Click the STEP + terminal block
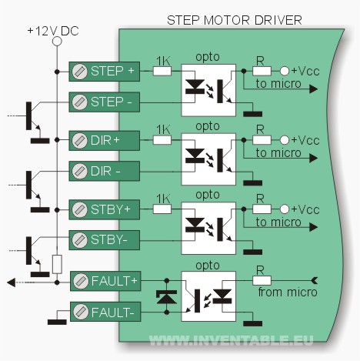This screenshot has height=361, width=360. pyautogui.click(x=105, y=72)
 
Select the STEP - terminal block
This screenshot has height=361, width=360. pyautogui.click(x=105, y=102)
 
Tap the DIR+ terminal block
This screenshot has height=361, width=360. pyautogui.click(x=105, y=141)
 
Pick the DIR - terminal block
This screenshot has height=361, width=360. pyautogui.click(x=105, y=171)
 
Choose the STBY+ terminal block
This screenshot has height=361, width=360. pyautogui.click(x=105, y=210)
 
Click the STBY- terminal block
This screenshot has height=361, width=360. pyautogui.click(x=105, y=240)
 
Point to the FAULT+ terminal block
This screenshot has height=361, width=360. pyautogui.click(x=105, y=281)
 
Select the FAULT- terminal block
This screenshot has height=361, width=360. pyautogui.click(x=105, y=312)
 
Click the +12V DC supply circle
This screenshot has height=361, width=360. pyautogui.click(x=57, y=41)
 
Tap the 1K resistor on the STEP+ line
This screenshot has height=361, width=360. pyautogui.click(x=162, y=71)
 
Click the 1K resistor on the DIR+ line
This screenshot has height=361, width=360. pyautogui.click(x=162, y=140)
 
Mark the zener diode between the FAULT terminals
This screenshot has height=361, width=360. pyautogui.click(x=167, y=297)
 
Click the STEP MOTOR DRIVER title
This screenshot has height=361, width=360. pyautogui.click(x=235, y=20)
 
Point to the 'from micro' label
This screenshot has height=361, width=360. pyautogui.click(x=288, y=292)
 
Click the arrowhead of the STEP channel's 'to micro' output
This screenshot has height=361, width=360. pyautogui.click(x=314, y=89)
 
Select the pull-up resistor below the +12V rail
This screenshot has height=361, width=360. pyautogui.click(x=57, y=264)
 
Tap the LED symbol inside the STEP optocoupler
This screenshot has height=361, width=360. pyautogui.click(x=195, y=87)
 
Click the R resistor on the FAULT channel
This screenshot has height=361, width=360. pyautogui.click(x=262, y=281)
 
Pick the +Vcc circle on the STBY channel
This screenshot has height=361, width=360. pyautogui.click(x=285, y=209)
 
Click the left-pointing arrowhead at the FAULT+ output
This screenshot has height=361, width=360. pyautogui.click(x=12, y=282)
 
